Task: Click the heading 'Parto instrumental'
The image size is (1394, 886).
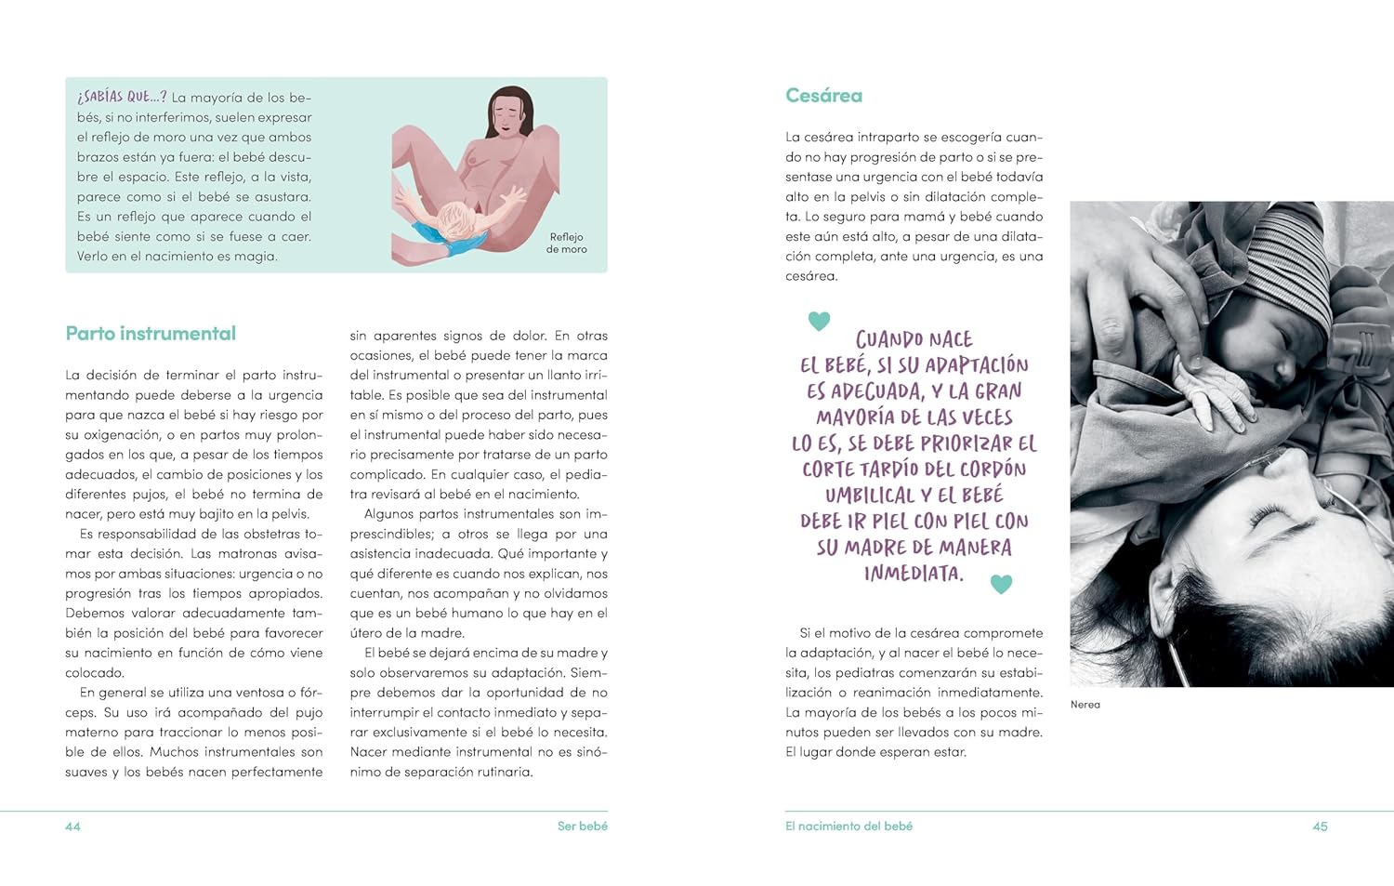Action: (x=151, y=334)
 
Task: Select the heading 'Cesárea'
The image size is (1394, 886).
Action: (x=823, y=96)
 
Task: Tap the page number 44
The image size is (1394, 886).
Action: (x=72, y=826)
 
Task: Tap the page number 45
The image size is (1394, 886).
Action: (x=1320, y=826)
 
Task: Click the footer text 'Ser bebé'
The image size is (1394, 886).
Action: (x=582, y=826)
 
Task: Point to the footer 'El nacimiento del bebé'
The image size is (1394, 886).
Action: (x=848, y=826)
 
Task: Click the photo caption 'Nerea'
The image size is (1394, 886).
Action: (x=1085, y=705)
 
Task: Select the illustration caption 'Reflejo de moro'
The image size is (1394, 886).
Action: (x=566, y=243)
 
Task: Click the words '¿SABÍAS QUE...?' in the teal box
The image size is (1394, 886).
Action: (x=122, y=97)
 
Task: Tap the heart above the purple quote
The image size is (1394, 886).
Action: (x=819, y=321)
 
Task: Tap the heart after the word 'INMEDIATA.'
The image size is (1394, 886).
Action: (x=1001, y=584)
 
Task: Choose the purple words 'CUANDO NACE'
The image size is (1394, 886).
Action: (x=914, y=339)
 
